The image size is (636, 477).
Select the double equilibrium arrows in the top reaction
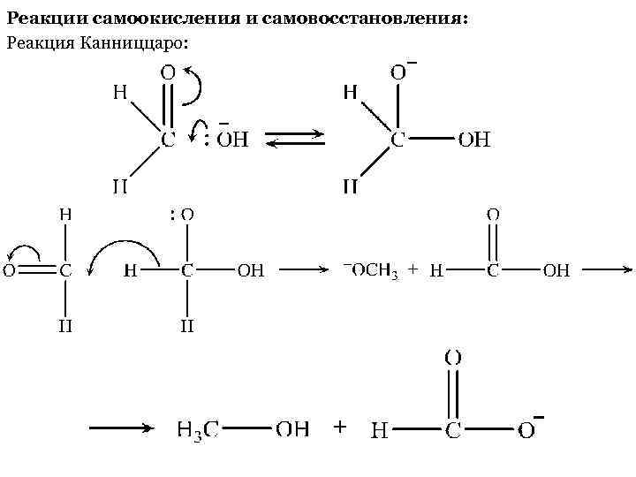296,140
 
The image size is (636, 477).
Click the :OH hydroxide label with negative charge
227,139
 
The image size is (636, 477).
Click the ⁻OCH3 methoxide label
369,271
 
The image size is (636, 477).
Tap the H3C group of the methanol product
197,430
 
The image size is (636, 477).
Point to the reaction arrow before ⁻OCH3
304,271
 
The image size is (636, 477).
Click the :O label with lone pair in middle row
182,214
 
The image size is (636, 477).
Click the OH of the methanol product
292,429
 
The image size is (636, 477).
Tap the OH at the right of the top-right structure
473,140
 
